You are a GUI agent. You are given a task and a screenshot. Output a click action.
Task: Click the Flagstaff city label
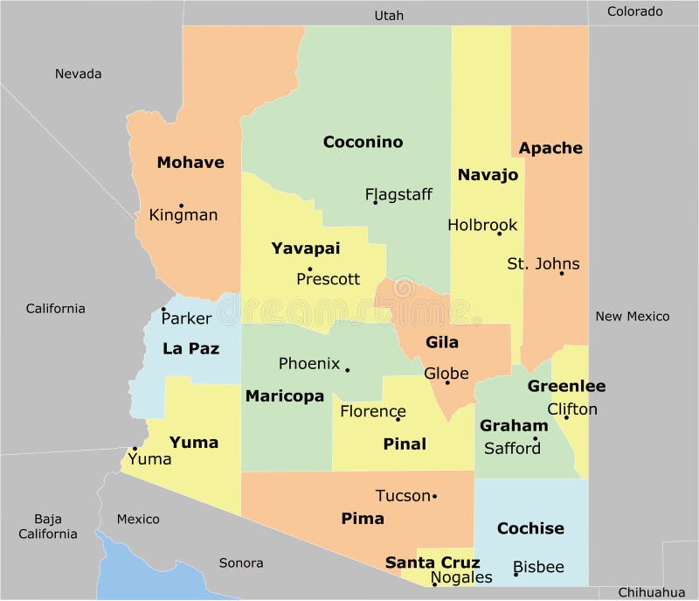pos(398,194)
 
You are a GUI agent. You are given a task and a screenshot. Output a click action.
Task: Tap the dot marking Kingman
pos(181,206)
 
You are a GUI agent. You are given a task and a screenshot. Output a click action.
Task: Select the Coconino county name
pos(363,142)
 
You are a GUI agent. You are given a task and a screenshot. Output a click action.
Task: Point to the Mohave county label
pos(190,162)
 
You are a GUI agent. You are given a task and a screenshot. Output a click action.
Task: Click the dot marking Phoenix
pos(347,370)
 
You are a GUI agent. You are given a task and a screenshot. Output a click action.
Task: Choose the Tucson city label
pos(403,496)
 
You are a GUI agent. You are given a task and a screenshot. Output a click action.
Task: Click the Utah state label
pos(389,15)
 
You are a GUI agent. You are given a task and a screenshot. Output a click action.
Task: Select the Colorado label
pos(634,11)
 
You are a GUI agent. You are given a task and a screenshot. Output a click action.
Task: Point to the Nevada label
pos(79,73)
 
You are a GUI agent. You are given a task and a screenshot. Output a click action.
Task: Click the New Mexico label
pos(633,316)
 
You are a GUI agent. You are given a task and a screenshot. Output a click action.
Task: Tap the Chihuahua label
pos(652,592)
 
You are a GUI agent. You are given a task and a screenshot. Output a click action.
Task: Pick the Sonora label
pos(241,563)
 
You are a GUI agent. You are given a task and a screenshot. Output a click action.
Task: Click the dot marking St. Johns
pos(562,274)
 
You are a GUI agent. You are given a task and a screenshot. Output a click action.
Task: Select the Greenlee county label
pos(566,386)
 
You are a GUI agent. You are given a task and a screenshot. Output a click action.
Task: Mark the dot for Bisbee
pos(516,574)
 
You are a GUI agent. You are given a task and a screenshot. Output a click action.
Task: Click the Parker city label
pos(187,318)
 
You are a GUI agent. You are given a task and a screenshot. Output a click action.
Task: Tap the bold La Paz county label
pos(190,348)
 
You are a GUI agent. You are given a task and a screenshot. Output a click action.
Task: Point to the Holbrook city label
pos(482,225)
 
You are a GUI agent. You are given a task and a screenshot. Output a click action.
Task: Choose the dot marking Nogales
pos(434,584)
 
